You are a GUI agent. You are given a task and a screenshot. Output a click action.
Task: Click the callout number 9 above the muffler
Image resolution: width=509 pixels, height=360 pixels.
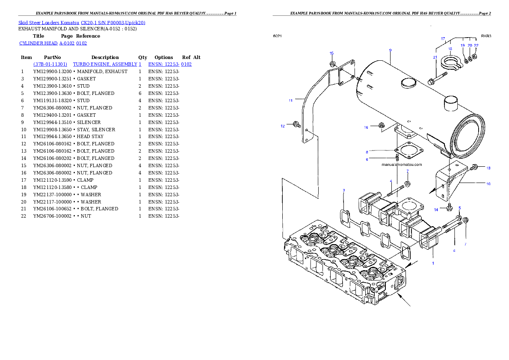click(x=390, y=50)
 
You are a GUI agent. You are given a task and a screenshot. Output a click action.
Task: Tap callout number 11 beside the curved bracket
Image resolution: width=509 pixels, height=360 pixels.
click(x=290, y=101)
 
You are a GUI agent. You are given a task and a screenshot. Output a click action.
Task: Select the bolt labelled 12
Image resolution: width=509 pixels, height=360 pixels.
click(x=296, y=124)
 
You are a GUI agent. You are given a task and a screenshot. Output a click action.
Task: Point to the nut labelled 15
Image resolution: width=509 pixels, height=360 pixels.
click(x=332, y=64)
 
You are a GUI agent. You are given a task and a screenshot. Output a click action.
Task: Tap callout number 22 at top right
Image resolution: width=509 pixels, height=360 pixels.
click(x=476, y=45)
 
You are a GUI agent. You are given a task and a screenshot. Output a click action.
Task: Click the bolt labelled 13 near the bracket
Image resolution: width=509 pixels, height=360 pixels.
click(x=474, y=168)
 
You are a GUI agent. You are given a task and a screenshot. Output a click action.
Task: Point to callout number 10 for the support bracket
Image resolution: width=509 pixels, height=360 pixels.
click(x=488, y=184)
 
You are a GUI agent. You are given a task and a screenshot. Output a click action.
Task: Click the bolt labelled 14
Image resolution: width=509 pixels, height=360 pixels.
click(x=449, y=207)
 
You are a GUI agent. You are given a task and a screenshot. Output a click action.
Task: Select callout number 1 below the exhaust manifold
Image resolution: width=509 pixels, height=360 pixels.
click(x=433, y=263)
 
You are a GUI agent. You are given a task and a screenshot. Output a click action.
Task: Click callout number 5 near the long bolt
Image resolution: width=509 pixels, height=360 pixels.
click(x=460, y=208)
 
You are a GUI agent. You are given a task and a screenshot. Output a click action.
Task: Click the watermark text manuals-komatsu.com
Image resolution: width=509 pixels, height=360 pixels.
click(x=402, y=165)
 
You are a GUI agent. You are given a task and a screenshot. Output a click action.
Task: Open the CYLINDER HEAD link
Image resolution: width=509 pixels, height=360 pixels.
click(x=53, y=44)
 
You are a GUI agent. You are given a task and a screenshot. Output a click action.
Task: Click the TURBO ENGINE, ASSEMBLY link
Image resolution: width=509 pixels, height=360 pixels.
click(x=107, y=64)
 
